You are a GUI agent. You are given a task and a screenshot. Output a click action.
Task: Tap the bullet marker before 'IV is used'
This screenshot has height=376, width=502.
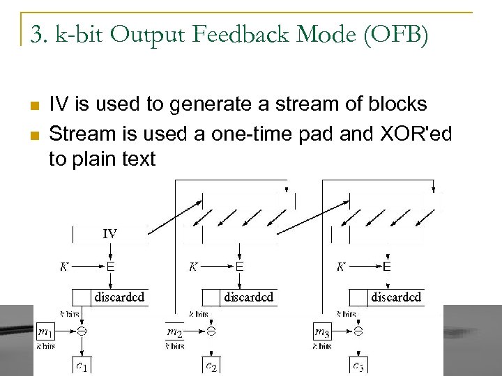(x=33, y=106)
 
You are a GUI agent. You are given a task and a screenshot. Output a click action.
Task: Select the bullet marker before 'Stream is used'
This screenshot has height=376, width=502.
(x=33, y=133)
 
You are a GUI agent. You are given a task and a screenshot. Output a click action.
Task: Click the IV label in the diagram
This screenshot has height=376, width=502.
(x=109, y=234)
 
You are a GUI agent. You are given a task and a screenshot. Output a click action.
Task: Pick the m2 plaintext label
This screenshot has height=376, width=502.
(x=175, y=334)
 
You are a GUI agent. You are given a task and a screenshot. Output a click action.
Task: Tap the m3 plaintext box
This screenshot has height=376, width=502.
(x=323, y=331)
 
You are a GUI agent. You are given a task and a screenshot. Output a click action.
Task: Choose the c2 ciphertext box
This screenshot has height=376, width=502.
(x=210, y=365)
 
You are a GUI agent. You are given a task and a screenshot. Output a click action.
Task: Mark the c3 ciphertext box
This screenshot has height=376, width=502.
(x=357, y=365)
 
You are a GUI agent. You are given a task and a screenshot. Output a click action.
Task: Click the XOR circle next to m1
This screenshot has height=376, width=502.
(x=81, y=331)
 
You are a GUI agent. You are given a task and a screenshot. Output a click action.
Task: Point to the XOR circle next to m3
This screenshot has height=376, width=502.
(x=358, y=331)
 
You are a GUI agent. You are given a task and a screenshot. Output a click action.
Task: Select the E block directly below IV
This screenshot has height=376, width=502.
(x=110, y=267)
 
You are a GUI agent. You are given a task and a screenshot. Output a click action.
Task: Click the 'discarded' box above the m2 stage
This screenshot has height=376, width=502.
(x=248, y=297)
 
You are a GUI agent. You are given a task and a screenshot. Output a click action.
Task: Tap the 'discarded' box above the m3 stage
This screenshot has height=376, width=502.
(x=395, y=297)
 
